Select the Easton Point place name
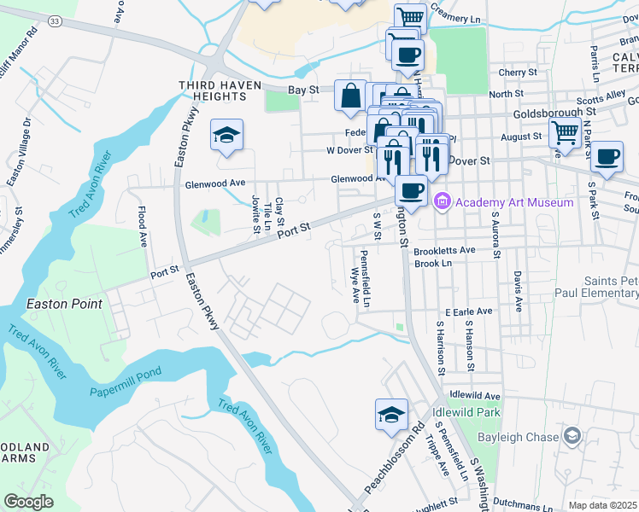[64, 304]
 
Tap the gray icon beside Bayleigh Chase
[572, 437]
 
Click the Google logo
[29, 501]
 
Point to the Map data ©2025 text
[603, 505]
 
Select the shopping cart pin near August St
[565, 133]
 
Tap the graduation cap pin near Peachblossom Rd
[391, 414]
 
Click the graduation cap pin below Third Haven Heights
[227, 135]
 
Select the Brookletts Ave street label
[443, 251]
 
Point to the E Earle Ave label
[468, 312]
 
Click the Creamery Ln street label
[461, 17]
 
